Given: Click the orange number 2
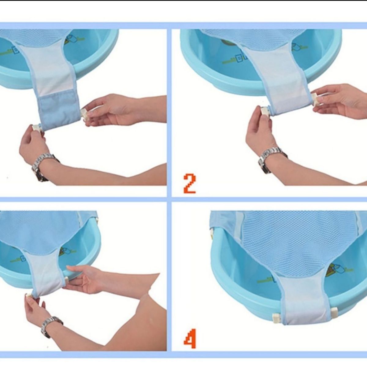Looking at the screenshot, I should click(190, 183).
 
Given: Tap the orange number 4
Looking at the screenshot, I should click(190, 339).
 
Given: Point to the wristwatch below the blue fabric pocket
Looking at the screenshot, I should click(42, 165).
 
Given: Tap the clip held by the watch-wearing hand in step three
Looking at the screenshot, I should click(30, 296).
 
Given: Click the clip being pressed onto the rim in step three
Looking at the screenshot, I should click(66, 279).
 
